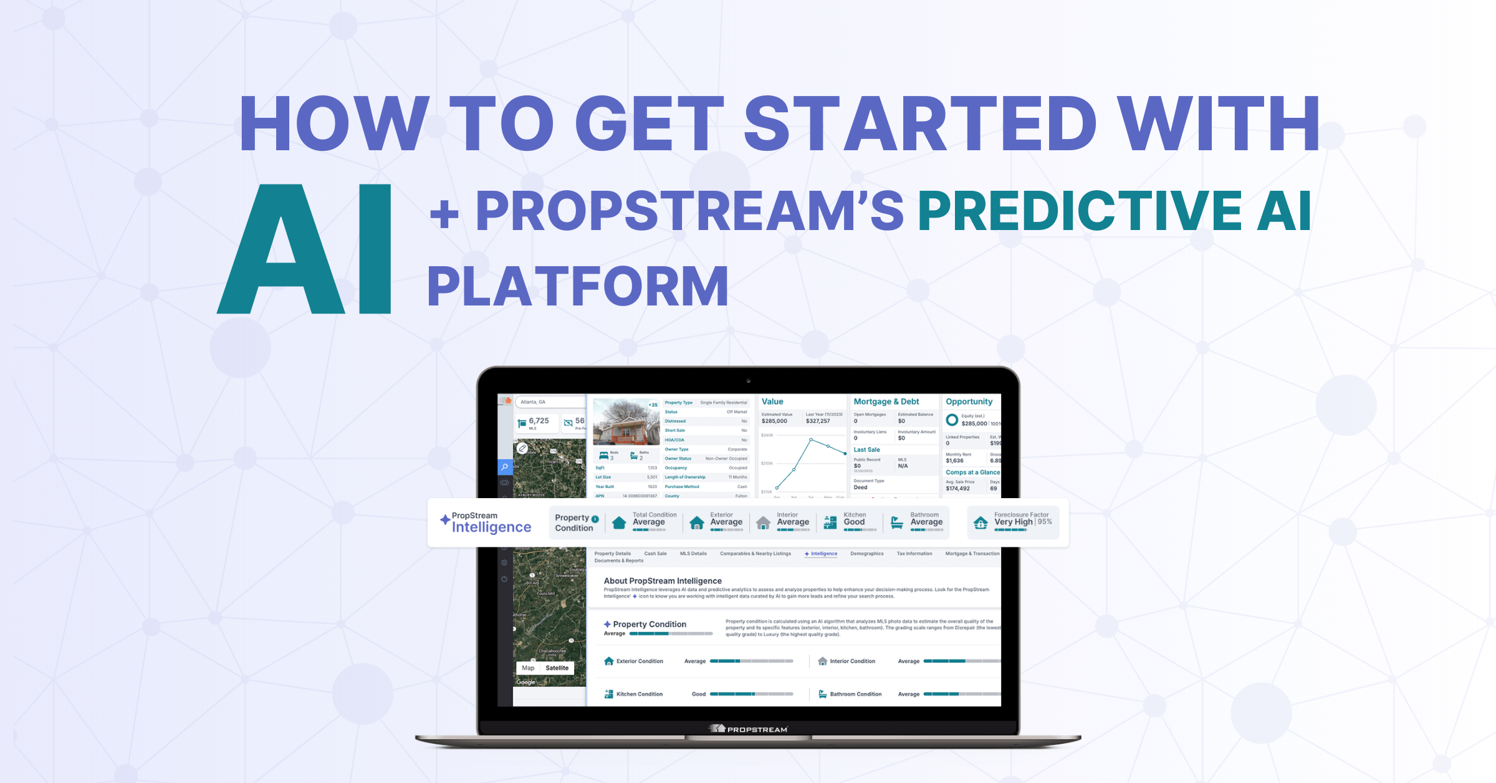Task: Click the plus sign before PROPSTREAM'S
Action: click(444, 214)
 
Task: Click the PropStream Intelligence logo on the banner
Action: click(486, 522)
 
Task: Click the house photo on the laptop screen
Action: click(625, 422)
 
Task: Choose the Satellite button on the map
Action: click(557, 668)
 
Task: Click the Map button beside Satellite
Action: click(528, 668)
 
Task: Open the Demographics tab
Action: click(866, 554)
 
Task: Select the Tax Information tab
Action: click(914, 554)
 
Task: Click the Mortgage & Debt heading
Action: click(886, 401)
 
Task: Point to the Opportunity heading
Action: click(968, 401)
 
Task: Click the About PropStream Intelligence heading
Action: click(662, 580)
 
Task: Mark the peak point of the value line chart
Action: click(811, 440)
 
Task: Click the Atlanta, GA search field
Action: click(549, 402)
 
